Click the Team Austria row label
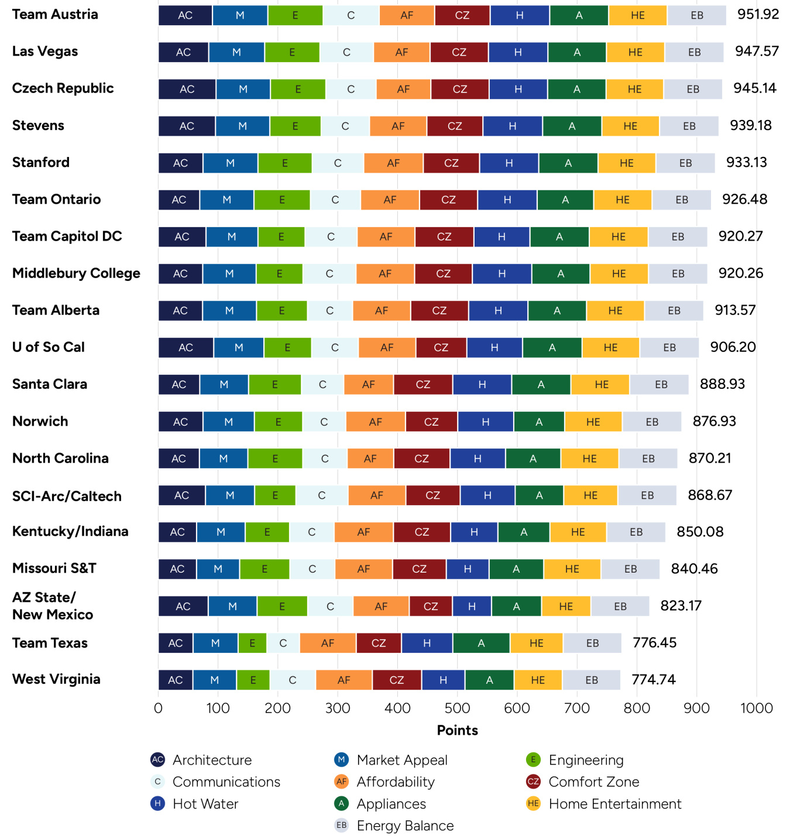(x=55, y=15)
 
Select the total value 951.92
(x=758, y=15)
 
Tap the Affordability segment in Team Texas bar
(x=328, y=643)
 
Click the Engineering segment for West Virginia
(x=253, y=680)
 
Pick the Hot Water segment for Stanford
(x=509, y=163)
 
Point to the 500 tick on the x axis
(x=457, y=708)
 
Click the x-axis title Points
(x=457, y=730)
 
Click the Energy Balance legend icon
(x=341, y=826)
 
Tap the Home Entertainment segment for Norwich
(x=593, y=422)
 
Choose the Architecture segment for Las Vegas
(x=183, y=52)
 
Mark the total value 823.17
(x=681, y=605)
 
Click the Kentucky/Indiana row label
(x=70, y=532)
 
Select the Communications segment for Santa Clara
(x=322, y=385)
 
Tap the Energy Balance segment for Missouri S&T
(x=630, y=569)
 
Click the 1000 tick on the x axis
(x=756, y=708)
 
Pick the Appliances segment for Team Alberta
(x=557, y=310)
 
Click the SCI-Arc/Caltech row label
(x=67, y=496)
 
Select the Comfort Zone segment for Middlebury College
(x=443, y=273)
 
